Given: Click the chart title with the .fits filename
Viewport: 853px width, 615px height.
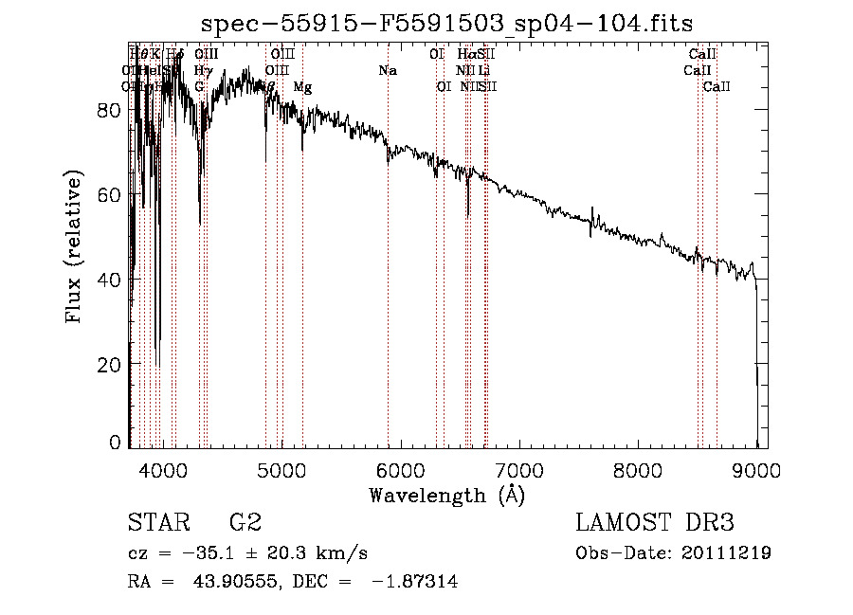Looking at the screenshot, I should [x=454, y=26].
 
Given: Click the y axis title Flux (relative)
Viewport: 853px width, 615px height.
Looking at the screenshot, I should [x=75, y=247].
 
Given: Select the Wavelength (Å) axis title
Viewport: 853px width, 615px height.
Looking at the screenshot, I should [x=446, y=495].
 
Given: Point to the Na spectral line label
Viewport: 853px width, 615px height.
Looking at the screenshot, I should [x=387, y=71].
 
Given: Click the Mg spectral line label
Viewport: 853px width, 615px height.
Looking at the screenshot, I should [x=302, y=87].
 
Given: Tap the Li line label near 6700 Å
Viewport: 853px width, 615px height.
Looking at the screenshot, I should [x=483, y=71].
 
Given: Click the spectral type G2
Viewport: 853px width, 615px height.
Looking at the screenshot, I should [x=245, y=523].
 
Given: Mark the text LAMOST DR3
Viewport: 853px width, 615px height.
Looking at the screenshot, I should [x=655, y=523].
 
